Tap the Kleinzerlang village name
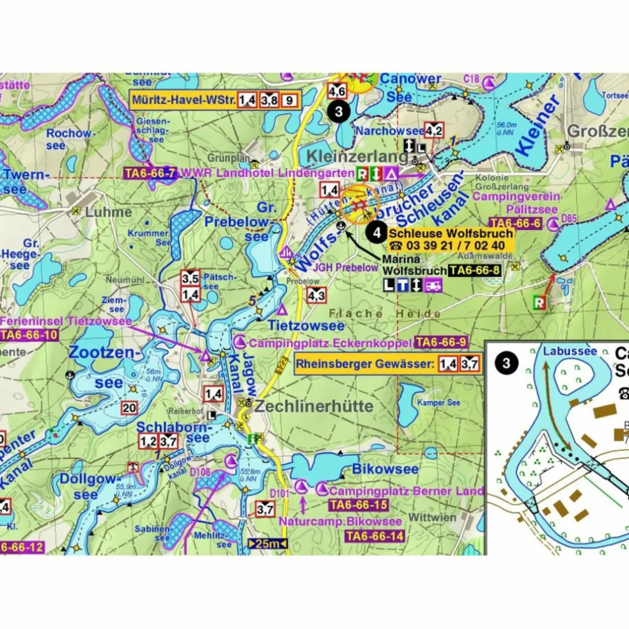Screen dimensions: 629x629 pyautogui.click(x=357, y=157)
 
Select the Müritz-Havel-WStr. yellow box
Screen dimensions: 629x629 pyautogui.click(x=215, y=100)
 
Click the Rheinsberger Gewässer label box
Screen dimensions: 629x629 pyautogui.click(x=387, y=364)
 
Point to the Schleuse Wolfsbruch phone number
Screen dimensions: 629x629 pyautogui.click(x=446, y=245)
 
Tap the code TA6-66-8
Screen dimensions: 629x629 pyautogui.click(x=474, y=271)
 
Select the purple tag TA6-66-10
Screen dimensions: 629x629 pyautogui.click(x=29, y=335)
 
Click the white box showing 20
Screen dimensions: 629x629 pyautogui.click(x=129, y=408)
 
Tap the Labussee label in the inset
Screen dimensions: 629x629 pyautogui.click(x=570, y=351)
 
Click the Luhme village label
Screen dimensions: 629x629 pyautogui.click(x=111, y=212)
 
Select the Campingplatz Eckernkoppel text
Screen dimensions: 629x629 pyautogui.click(x=330, y=343)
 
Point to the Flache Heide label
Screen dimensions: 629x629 pyautogui.click(x=385, y=314)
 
